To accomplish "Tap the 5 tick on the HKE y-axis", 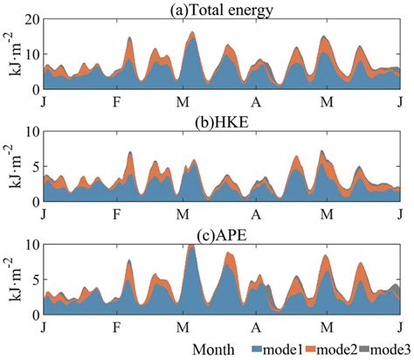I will [34, 167].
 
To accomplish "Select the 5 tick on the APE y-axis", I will [34, 280].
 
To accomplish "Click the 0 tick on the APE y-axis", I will [34, 314].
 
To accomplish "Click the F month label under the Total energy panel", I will [116, 101].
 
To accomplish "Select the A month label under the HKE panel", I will [256, 214].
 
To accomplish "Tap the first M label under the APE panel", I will [182, 327].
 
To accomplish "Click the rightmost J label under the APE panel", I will [399, 327].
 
